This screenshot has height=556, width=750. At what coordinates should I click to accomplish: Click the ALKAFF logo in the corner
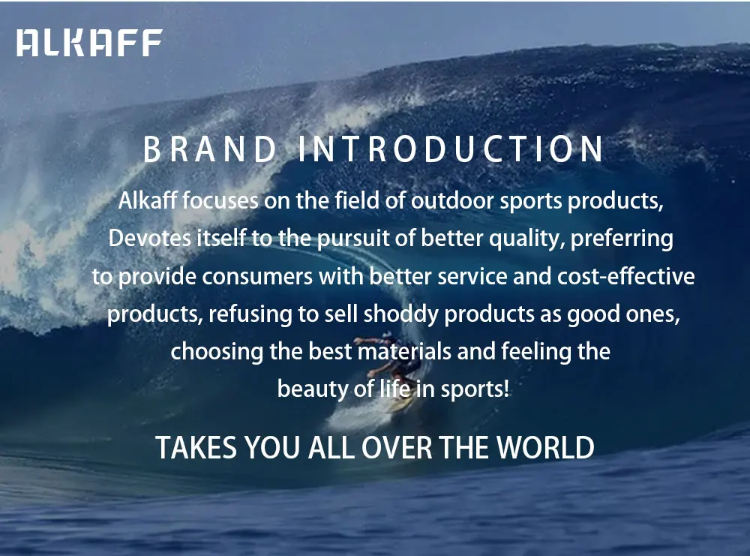[x=89, y=43]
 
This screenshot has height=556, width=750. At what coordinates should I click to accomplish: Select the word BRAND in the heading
[x=210, y=149]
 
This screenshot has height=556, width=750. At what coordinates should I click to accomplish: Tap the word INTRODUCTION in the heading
[x=451, y=149]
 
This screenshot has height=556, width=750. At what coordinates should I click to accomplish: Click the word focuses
[x=220, y=200]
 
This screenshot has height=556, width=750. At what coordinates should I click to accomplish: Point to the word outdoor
[x=452, y=200]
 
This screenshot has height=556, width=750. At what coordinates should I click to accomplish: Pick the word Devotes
[x=150, y=238]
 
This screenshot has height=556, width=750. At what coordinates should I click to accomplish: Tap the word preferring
[x=622, y=239]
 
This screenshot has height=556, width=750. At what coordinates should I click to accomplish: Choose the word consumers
[x=257, y=277]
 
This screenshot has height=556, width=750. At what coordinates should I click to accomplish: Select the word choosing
[x=217, y=352]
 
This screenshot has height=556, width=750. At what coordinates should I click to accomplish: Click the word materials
[x=405, y=352]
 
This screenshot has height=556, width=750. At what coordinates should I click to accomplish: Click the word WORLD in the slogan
[x=545, y=448]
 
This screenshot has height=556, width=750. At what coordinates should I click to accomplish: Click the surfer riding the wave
[x=392, y=364]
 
